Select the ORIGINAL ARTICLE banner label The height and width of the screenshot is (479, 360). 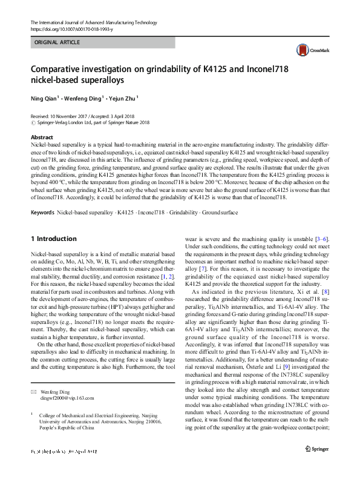pos(56,43)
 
